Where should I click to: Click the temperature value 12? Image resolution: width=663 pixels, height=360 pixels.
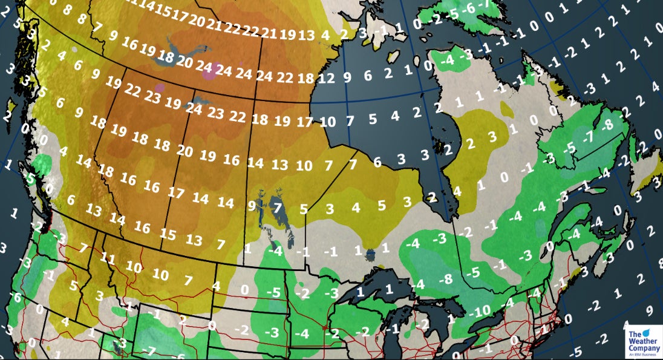pos(327,77)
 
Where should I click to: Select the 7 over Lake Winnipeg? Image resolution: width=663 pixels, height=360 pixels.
pos(278,208)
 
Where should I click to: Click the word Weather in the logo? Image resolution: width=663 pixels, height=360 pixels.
pos(641,341)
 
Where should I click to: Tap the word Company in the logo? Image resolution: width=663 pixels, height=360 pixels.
pos(644,349)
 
